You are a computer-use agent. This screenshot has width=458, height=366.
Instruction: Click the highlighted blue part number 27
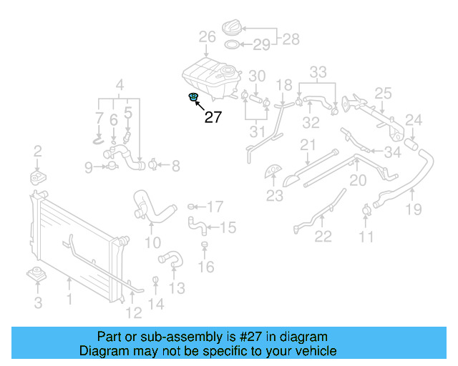coord(193,97)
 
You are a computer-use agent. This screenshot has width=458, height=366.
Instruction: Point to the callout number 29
coord(261,45)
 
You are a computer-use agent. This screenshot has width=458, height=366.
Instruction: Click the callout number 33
coord(318,71)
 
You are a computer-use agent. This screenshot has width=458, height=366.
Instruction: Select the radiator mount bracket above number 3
coord(36,275)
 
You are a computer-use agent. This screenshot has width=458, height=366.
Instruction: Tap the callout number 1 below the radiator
coord(69,299)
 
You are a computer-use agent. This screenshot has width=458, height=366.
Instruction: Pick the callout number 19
coord(414,209)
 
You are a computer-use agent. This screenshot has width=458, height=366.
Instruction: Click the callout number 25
coord(383,94)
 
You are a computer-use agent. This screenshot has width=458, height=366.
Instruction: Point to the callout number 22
coord(323,236)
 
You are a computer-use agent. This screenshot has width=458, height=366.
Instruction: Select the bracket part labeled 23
coord(273,172)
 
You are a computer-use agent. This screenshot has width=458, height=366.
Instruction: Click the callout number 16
coord(205,267)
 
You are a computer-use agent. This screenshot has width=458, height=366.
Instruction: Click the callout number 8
coord(175,166)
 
